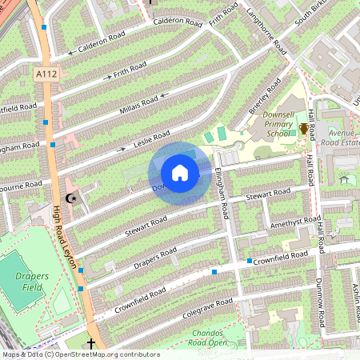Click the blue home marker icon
tap(180, 172)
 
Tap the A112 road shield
tap(47, 74)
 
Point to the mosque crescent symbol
tap(69, 198)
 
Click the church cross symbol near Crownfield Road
tap(90, 344)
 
